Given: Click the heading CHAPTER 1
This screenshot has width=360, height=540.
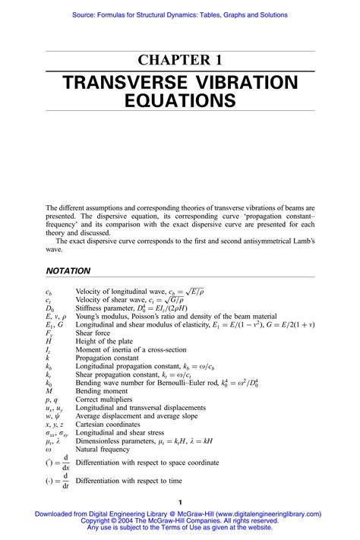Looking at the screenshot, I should [x=179, y=61].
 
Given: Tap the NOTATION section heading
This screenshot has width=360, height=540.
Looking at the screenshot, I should [x=68, y=270].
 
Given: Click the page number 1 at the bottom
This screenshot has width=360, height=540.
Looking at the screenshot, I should [x=179, y=503].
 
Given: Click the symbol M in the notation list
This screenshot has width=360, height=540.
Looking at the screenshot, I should [x=49, y=391].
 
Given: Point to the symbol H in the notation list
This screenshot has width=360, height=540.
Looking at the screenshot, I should [x=49, y=342].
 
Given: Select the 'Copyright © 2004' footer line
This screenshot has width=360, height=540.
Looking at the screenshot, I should [x=179, y=521].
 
